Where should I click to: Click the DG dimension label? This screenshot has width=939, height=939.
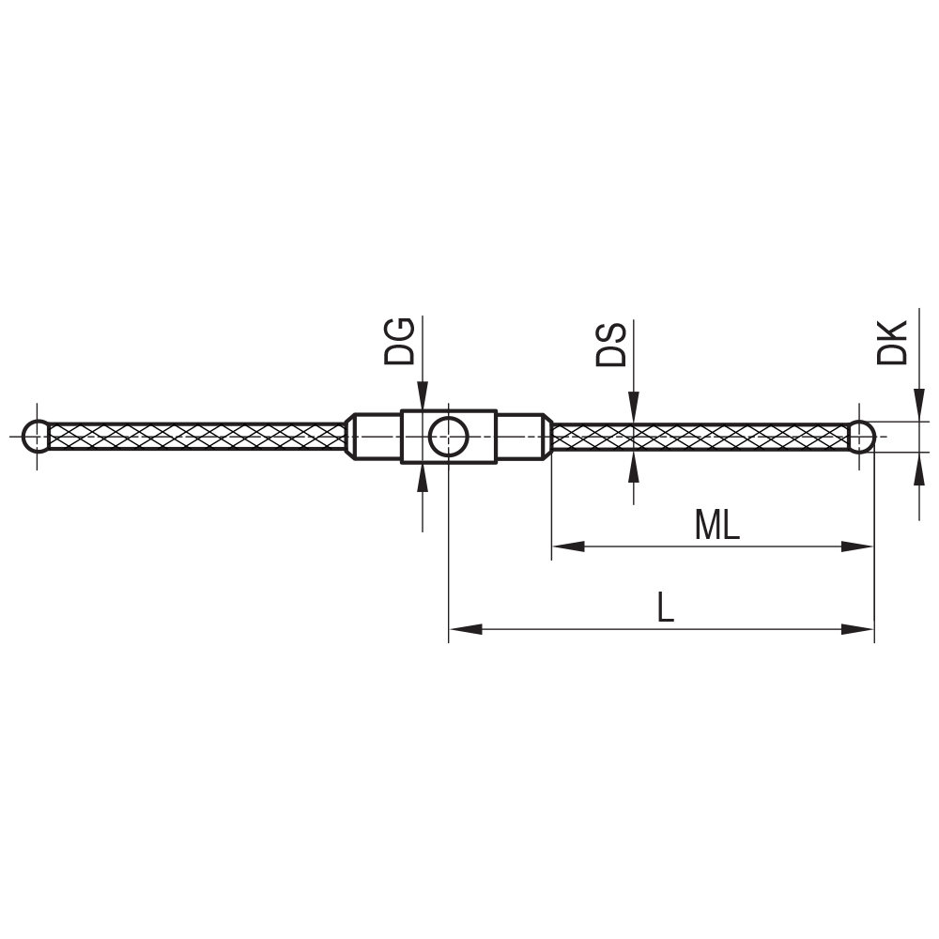tap(399, 341)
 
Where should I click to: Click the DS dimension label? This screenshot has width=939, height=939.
tap(610, 345)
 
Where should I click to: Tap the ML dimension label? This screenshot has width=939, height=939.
tap(716, 526)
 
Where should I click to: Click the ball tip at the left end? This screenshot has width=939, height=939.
tap(37, 437)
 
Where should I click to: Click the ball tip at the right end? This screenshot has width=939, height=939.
tap(862, 437)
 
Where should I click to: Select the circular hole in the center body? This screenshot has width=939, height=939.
tap(449, 437)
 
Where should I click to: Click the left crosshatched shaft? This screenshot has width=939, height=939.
tap(197, 437)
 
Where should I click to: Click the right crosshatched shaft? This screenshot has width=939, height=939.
tap(700, 437)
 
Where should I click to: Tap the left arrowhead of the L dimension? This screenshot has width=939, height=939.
tap(465, 629)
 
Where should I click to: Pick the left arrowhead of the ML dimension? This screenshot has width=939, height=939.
tap(567, 546)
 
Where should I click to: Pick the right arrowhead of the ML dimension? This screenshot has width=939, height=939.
tap(858, 546)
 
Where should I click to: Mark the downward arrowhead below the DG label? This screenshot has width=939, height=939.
tap(423, 396)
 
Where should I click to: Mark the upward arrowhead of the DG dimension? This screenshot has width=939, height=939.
tap(423, 477)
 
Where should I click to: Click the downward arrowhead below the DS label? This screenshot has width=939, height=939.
tap(634, 408)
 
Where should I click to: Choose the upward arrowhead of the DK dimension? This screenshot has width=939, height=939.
tap(918, 468)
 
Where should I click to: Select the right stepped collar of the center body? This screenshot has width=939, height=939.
tap(521, 437)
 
